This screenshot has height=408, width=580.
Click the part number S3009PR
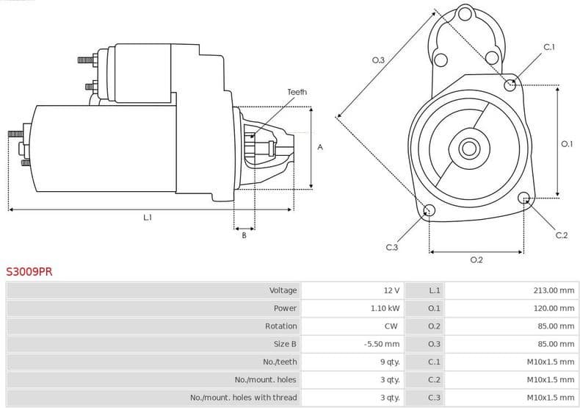click(29, 271)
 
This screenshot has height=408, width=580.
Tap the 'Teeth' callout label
click(297, 92)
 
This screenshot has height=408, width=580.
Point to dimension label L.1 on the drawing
click(148, 217)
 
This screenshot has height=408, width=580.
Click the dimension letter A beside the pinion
click(320, 147)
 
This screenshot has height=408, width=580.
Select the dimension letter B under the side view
click(244, 235)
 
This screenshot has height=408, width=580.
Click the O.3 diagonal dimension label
click(379, 60)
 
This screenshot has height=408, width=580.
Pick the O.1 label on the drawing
click(567, 143)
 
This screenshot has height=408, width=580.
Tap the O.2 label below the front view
click(476, 260)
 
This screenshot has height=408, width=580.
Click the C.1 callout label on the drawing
click(548, 47)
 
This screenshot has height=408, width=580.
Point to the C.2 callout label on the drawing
click(562, 235)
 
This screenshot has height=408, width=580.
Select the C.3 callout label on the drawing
click(392, 248)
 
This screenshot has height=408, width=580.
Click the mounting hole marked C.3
click(429, 212)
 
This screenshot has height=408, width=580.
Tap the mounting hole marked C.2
click(523, 198)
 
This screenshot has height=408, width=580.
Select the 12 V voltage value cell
click(391, 290)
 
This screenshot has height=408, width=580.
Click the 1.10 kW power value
click(385, 308)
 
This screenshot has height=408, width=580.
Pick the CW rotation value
click(391, 326)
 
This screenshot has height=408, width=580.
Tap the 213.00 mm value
click(554, 290)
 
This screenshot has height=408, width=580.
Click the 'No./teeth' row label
click(280, 362)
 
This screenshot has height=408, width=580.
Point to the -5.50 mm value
click(382, 344)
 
